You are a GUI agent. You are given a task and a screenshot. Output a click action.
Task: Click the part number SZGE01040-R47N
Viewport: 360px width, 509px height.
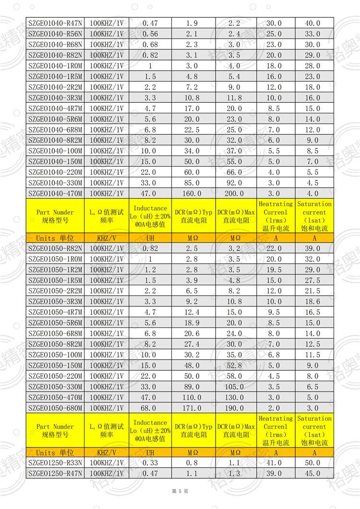[x=55, y=23]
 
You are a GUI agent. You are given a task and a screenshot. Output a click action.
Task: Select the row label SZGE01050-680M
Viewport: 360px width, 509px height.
[x=55, y=408]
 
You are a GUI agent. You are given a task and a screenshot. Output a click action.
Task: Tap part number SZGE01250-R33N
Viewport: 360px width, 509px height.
[x=55, y=463]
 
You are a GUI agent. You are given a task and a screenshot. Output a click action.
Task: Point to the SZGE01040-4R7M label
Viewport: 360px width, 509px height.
[x=55, y=109]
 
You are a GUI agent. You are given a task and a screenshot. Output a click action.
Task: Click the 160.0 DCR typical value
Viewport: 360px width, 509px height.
[x=192, y=194]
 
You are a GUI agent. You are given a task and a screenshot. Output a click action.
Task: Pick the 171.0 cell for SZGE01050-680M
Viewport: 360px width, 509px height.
[x=192, y=408]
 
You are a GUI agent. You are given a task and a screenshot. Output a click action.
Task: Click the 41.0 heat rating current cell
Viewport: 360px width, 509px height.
[x=274, y=463]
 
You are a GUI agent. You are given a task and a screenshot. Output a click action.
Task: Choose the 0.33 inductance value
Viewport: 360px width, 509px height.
[x=150, y=463]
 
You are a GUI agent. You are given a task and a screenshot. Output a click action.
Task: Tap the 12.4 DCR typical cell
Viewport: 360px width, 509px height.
[x=192, y=312]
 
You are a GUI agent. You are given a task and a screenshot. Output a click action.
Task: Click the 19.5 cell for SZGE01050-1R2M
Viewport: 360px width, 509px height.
[x=274, y=269]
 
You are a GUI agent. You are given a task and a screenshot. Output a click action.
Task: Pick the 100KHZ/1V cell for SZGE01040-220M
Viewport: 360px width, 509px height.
[x=107, y=172]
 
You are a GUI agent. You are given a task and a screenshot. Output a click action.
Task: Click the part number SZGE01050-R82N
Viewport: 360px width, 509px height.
[x=55, y=248]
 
